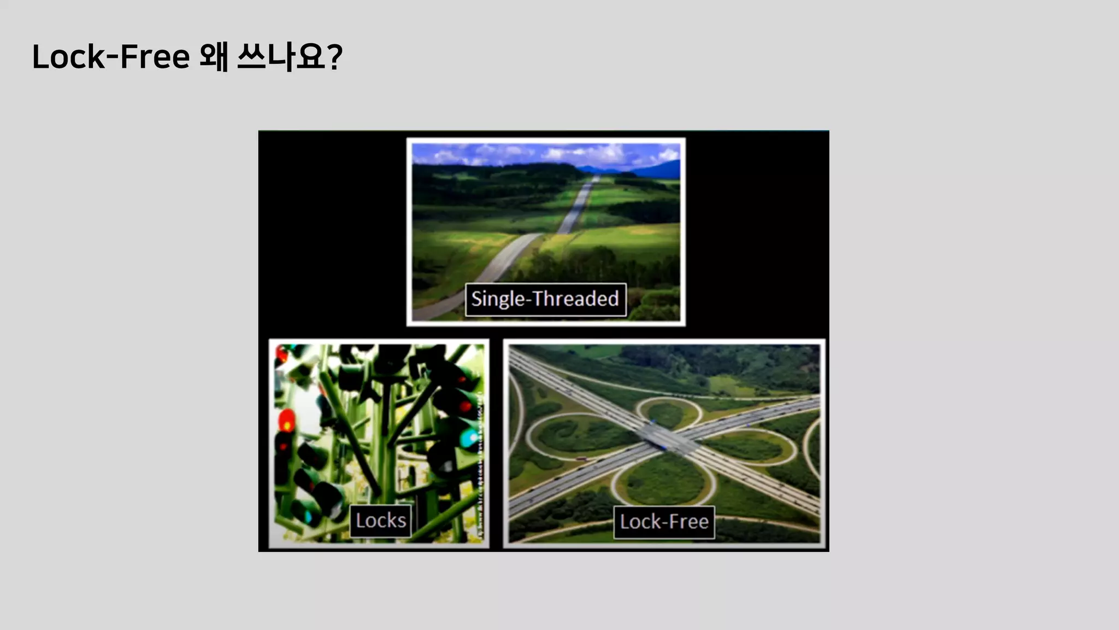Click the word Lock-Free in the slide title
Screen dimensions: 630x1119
111,57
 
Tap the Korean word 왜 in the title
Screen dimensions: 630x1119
213,57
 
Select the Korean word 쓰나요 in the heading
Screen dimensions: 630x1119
281,57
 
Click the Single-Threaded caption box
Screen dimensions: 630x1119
545,299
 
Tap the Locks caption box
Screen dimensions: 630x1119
380,521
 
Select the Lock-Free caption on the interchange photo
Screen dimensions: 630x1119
664,522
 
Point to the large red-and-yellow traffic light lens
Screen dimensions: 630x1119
286,422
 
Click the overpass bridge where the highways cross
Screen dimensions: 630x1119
664,438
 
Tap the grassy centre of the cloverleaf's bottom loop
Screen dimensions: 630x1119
664,481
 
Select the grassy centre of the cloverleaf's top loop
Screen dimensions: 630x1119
665,412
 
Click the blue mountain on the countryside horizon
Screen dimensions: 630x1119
664,167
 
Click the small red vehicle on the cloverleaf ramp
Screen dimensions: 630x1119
581,459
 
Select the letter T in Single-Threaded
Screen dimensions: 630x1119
538,299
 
